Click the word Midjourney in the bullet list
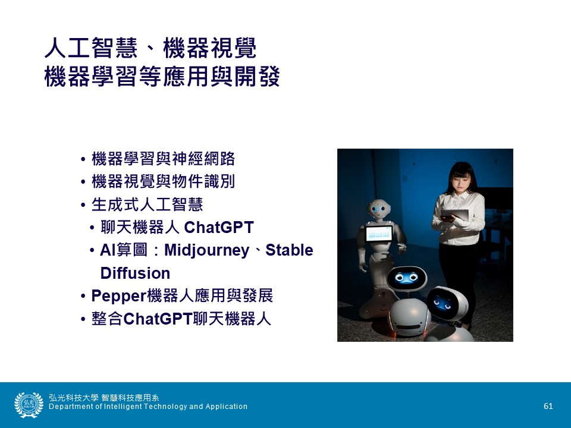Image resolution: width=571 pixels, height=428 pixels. (x=206, y=250)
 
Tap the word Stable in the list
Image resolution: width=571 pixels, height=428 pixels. (x=289, y=250)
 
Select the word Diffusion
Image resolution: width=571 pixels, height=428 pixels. (x=135, y=273)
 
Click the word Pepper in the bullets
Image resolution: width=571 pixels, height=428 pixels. (x=119, y=296)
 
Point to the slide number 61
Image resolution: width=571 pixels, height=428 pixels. (x=548, y=406)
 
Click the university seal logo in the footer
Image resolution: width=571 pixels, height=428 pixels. (x=29, y=405)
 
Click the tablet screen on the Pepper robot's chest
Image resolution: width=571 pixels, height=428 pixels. (x=379, y=234)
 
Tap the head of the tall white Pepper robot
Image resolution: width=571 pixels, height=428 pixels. (x=379, y=209)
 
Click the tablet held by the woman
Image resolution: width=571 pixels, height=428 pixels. (x=454, y=215)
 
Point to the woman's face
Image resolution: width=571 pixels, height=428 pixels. (x=460, y=181)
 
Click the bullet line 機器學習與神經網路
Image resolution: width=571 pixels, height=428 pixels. (x=163, y=159)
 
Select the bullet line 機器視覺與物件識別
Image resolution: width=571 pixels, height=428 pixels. (x=163, y=181)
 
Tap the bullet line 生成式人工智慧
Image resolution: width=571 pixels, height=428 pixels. (x=147, y=204)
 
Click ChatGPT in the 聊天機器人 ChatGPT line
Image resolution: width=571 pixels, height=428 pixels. (x=219, y=228)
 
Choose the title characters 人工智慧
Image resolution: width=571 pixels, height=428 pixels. (x=91, y=48)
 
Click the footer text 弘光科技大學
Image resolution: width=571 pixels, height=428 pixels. (x=74, y=398)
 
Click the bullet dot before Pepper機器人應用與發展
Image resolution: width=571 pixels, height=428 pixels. (x=83, y=296)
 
